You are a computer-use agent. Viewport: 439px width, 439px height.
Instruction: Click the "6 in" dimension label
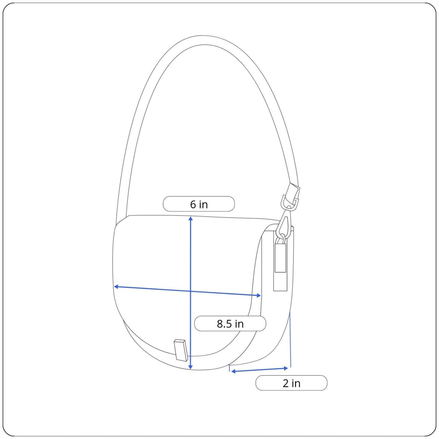click(x=199, y=205)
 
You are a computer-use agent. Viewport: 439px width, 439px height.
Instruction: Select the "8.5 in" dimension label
click(x=230, y=324)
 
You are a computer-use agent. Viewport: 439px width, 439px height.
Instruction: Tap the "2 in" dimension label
click(x=291, y=383)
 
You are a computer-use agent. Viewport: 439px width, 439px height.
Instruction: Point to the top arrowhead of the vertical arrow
click(x=191, y=218)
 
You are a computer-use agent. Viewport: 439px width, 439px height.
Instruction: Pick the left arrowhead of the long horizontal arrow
click(x=116, y=286)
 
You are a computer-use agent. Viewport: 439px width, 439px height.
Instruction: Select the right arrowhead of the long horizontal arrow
click(x=259, y=295)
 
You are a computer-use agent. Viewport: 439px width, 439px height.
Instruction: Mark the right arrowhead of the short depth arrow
click(x=286, y=368)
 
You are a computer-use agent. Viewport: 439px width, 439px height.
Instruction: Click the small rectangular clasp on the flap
click(x=181, y=350)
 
